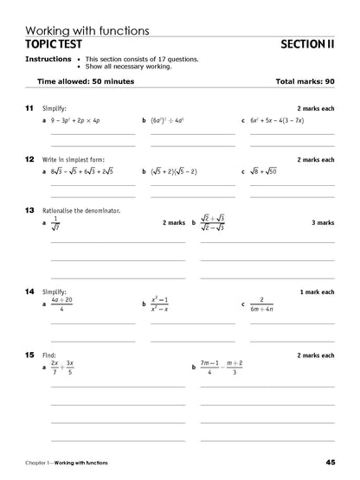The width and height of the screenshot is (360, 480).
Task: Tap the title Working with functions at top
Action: click(87, 29)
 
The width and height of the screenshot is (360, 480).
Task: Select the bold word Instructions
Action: click(48, 59)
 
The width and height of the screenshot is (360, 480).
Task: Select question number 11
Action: click(29, 108)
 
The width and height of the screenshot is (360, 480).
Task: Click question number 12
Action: click(29, 159)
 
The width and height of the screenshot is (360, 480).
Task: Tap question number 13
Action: click(29, 210)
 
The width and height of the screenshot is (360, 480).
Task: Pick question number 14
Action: click(29, 291)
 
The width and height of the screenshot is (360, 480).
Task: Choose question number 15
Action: click(29, 355)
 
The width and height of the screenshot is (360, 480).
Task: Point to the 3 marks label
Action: click(322, 222)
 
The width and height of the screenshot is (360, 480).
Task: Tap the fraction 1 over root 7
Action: click(58, 224)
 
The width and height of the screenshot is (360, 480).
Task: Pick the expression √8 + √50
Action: click(268, 172)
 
